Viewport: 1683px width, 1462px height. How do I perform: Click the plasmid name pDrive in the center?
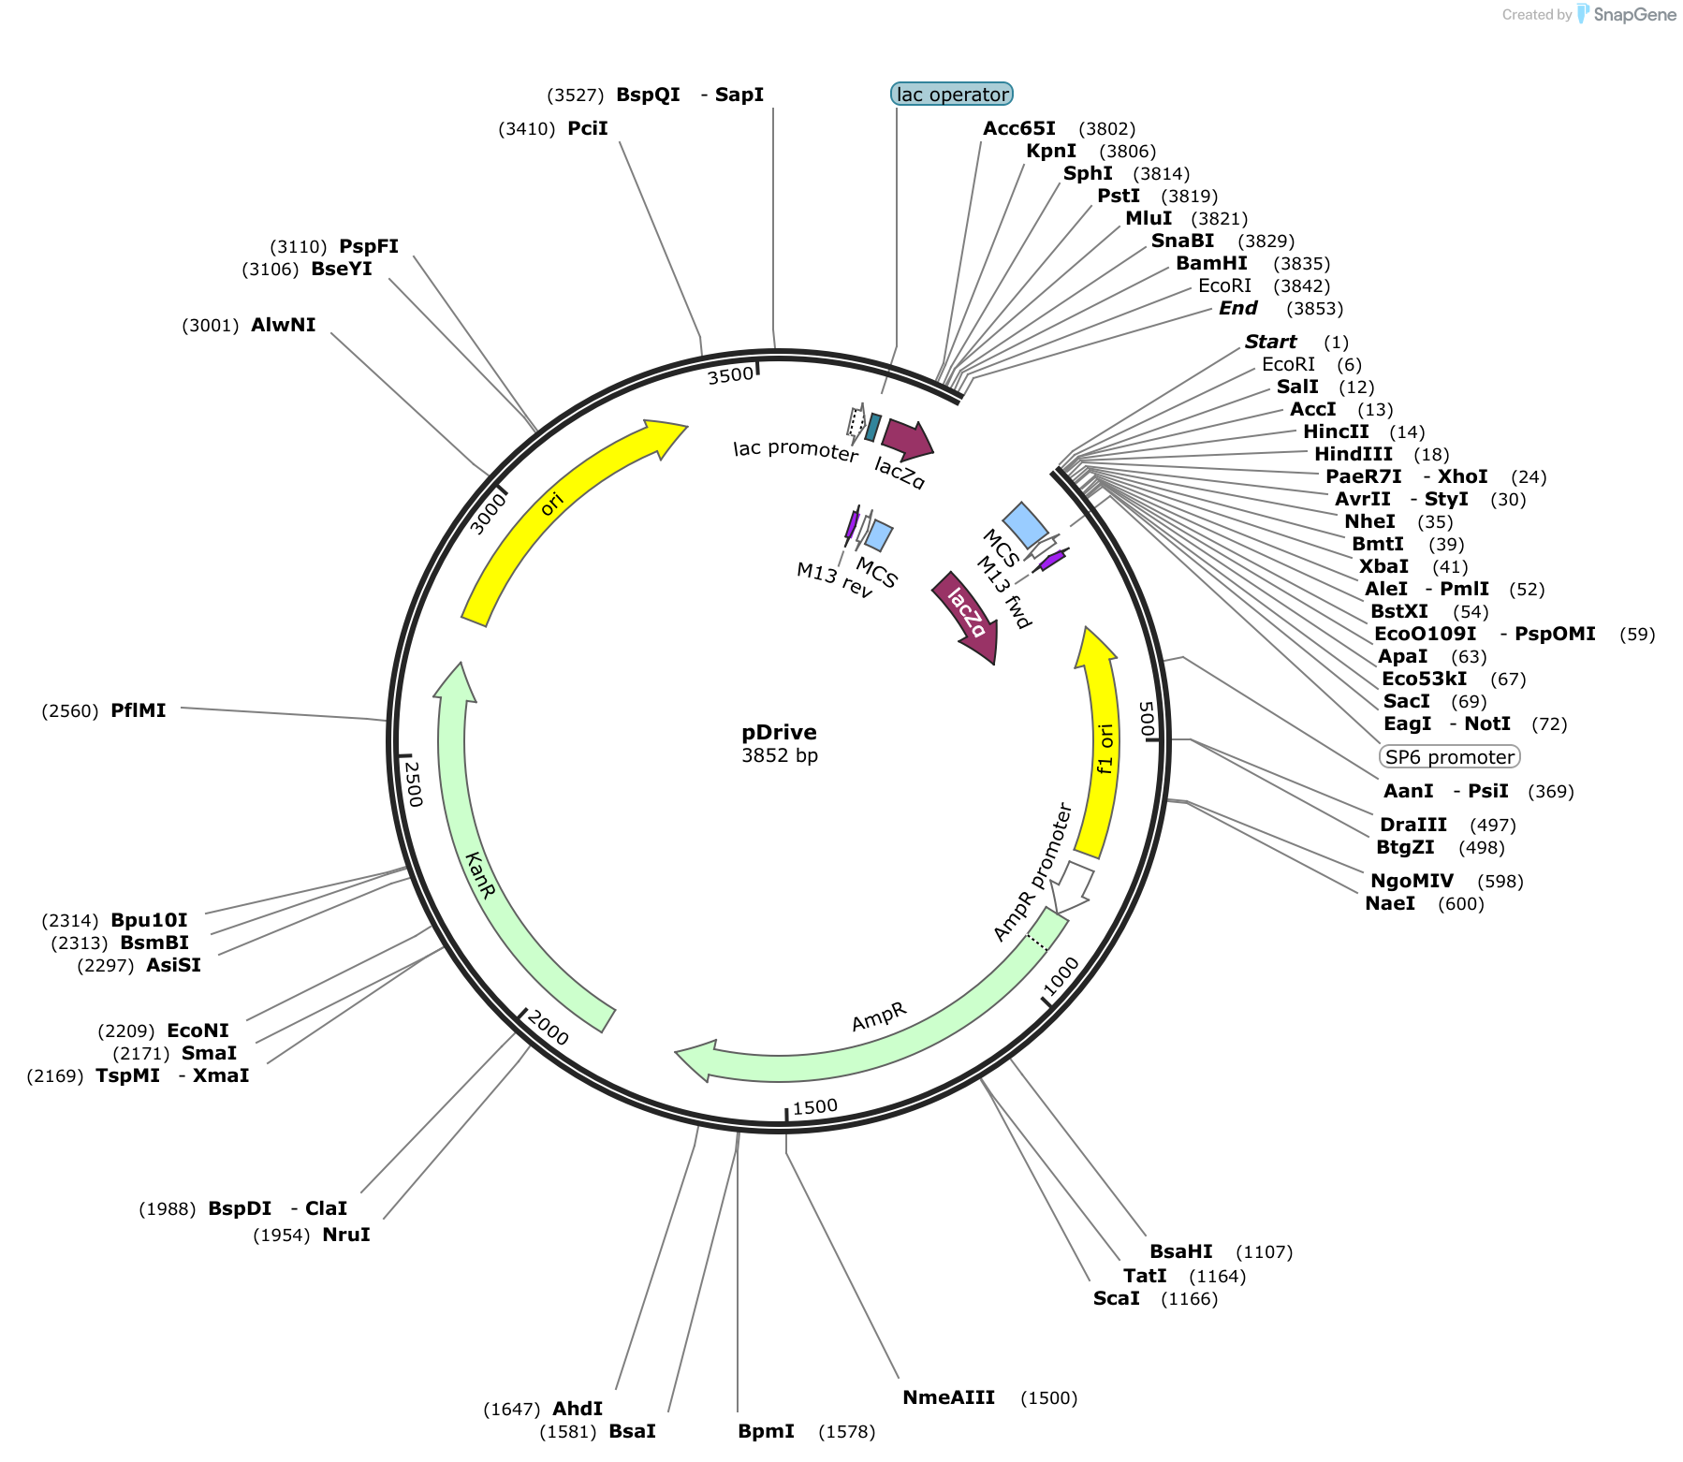tap(779, 732)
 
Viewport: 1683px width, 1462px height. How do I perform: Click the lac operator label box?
tap(952, 94)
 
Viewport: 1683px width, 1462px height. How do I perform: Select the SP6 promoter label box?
tap(1450, 756)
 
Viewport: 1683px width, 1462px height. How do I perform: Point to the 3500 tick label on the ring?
tap(730, 375)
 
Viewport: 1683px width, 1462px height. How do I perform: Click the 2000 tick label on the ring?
tap(548, 1028)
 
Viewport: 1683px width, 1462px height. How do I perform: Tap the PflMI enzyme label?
tap(139, 710)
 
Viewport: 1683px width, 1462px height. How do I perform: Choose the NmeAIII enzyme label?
tap(948, 1397)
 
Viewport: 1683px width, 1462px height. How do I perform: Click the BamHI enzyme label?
tap(1211, 263)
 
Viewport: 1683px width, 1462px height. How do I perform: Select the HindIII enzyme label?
tap(1354, 454)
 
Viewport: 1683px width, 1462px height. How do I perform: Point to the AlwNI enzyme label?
tap(284, 325)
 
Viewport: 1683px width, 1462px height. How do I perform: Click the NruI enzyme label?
tap(346, 1235)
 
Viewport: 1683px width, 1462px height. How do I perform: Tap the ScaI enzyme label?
tap(1117, 1298)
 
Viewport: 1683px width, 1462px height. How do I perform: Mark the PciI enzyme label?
tap(588, 128)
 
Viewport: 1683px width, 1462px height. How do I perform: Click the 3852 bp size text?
tap(780, 755)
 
